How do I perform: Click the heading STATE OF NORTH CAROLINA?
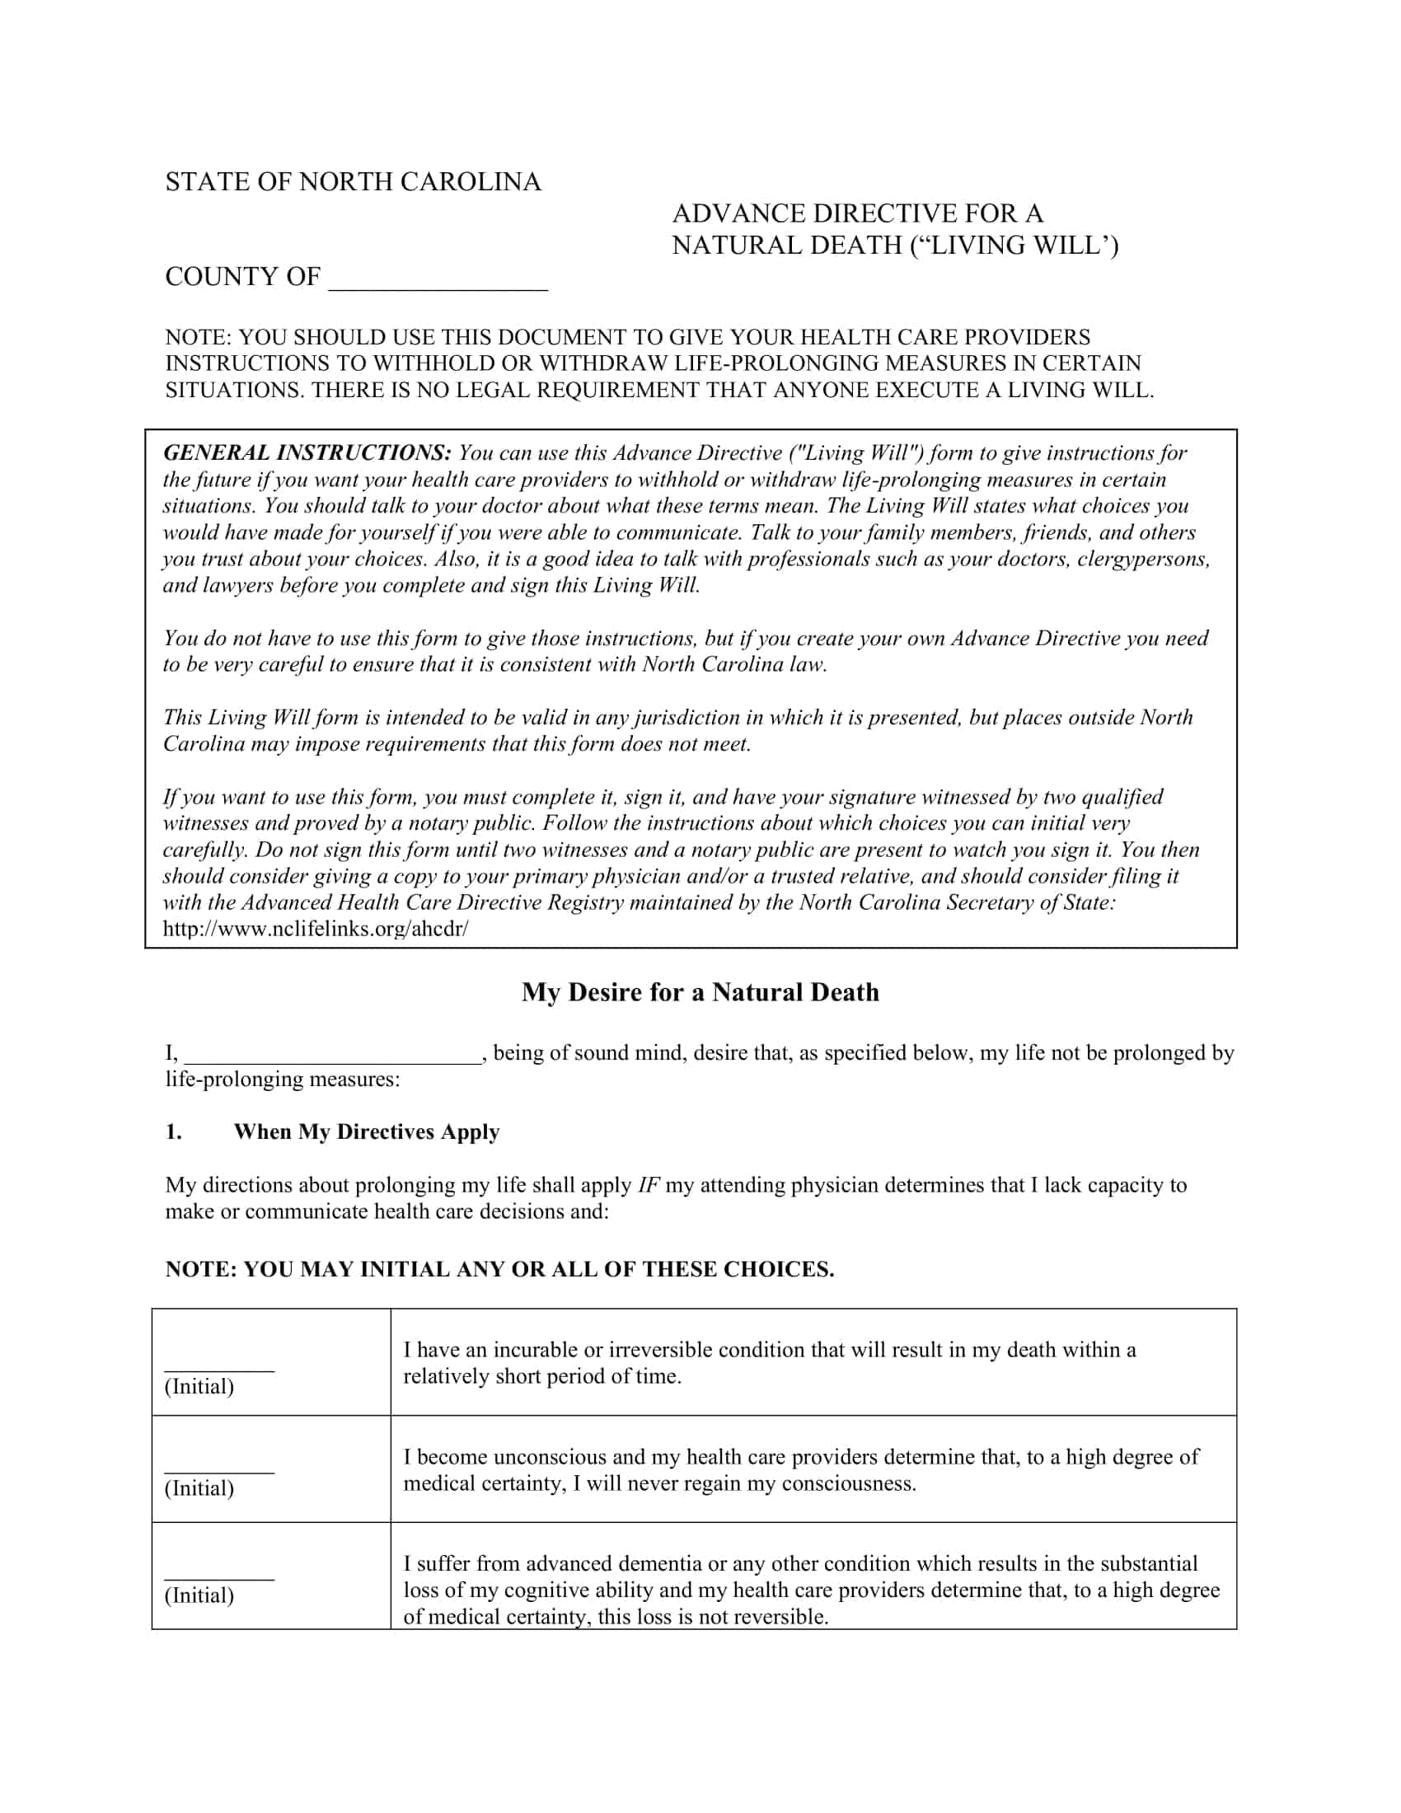point(353,182)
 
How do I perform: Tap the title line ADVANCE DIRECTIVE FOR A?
point(856,213)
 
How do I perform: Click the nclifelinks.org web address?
point(316,929)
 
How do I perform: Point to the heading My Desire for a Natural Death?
point(700,992)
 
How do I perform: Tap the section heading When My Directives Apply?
point(366,1132)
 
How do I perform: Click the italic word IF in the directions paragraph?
point(648,1184)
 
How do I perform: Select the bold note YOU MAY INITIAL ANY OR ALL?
point(499,1269)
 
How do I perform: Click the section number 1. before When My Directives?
point(173,1132)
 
